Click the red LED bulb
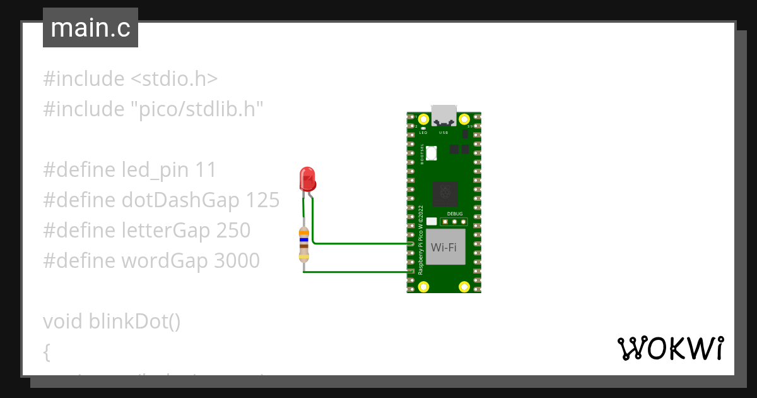click(307, 179)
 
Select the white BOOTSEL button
click(431, 153)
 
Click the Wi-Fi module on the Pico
click(444, 247)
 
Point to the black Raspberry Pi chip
click(446, 193)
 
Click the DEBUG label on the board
click(455, 214)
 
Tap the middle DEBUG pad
click(455, 222)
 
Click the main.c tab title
click(90, 28)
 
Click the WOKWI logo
click(670, 348)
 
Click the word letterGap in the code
click(166, 231)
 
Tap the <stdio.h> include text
click(174, 79)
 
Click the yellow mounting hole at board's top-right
click(464, 119)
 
